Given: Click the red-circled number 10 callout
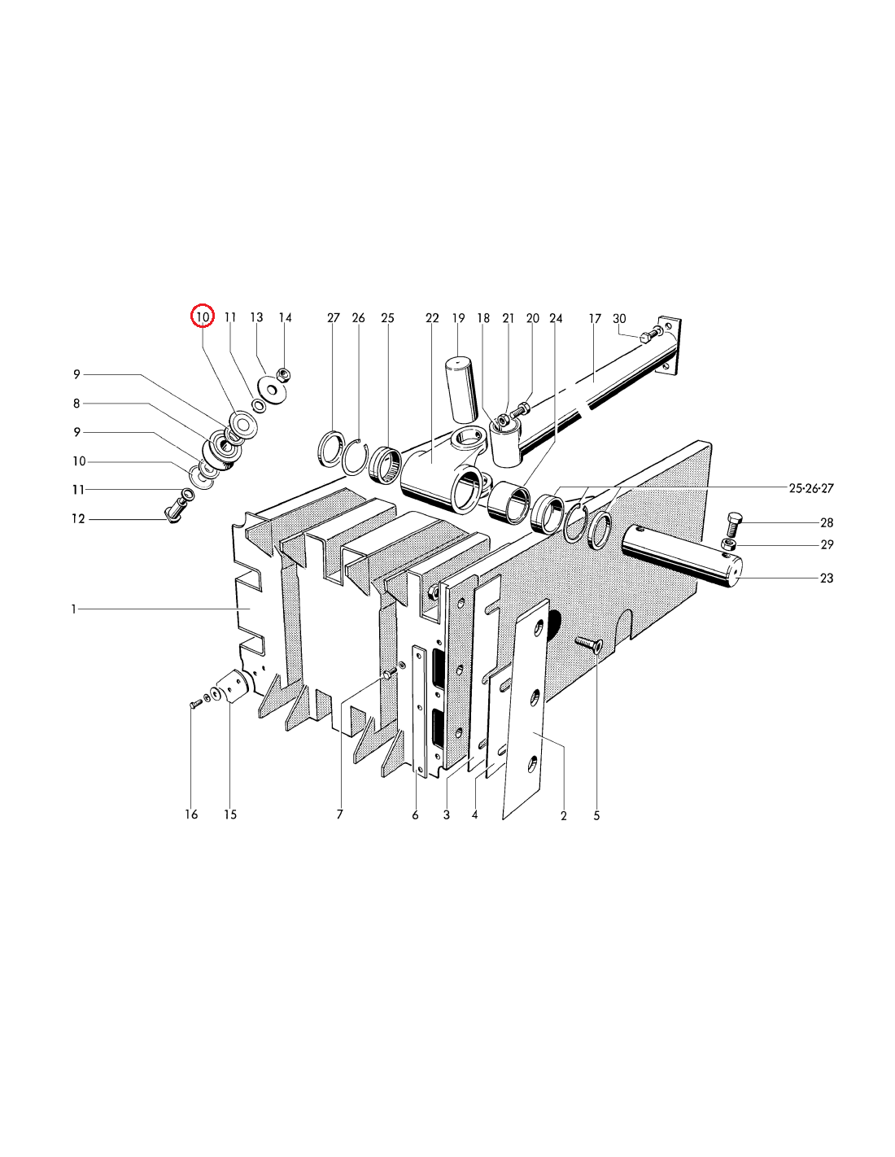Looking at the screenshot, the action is pos(203,317).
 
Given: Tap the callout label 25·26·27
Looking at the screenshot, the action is pos(811,488).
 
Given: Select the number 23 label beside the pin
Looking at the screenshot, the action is pos(827,578).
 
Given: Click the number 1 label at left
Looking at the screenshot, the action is pos(74,609).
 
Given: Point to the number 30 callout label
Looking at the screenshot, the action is pos(619,318).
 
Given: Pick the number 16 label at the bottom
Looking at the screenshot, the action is pos(191,814).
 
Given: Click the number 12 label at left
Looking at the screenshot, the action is pos(78,518).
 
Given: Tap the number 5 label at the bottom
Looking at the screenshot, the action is pos(596,816).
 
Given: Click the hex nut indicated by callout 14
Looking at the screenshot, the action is pos(284,374).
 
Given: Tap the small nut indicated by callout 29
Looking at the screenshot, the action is pos(728,544).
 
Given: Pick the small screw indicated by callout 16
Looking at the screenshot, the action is pos(195,704).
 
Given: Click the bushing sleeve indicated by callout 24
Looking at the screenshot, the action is pos(510,502).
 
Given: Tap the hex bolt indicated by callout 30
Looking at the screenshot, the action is pos(649,334).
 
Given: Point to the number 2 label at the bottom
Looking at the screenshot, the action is pos(563,816).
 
